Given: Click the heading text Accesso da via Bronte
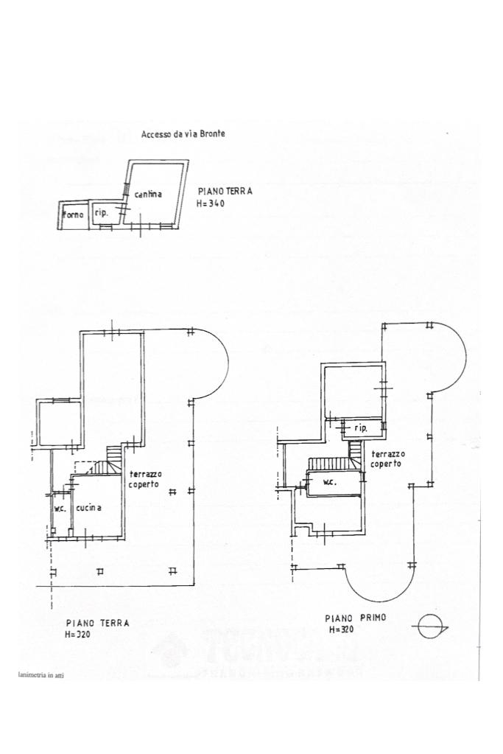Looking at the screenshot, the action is (183, 134).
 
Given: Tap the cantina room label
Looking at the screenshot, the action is (148, 194).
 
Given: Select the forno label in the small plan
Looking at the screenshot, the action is (74, 214).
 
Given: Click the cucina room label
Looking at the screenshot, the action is (88, 508).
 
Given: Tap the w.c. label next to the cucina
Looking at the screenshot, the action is (60, 508).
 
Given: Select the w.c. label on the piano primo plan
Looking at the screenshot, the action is (329, 482).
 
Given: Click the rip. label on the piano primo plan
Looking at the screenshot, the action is (361, 427).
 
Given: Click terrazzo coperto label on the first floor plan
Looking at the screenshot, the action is (387, 458).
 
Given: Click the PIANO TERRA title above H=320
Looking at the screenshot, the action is (97, 623).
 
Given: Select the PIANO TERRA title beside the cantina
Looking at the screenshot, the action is (225, 190).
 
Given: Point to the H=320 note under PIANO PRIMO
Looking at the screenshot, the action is (342, 630).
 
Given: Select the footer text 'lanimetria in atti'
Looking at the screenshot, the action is (41, 674).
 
